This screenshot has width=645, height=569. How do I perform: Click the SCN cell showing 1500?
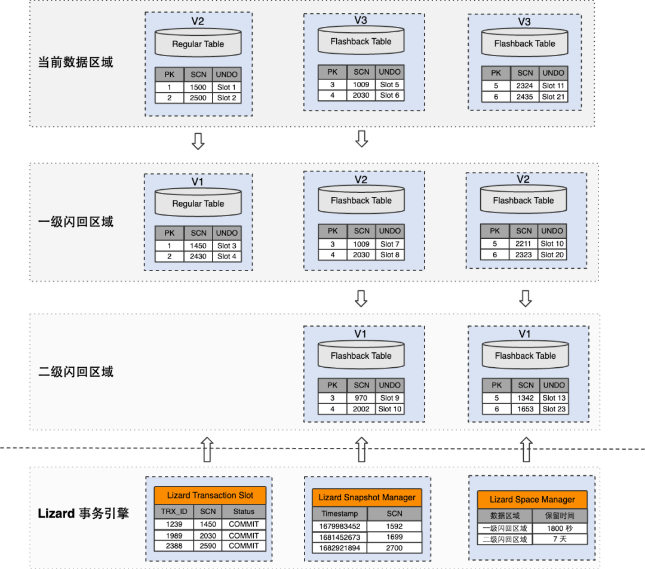click(198, 87)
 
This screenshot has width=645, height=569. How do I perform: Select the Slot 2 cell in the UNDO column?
click(227, 98)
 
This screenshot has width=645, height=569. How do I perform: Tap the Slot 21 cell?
click(553, 97)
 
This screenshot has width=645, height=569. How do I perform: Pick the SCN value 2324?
click(524, 86)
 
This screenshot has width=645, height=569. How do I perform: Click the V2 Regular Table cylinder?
click(198, 44)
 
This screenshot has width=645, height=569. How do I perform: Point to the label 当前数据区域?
click(75, 62)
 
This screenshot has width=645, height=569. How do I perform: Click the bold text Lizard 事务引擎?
click(83, 513)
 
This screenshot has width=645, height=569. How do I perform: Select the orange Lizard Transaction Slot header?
click(210, 495)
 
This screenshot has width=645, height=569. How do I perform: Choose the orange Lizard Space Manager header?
click(532, 499)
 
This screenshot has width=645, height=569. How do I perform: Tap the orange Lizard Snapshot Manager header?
click(367, 497)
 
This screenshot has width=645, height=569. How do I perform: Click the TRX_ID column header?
click(174, 512)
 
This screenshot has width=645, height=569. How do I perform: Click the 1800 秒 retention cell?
click(559, 528)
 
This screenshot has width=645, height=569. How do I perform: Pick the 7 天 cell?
click(559, 539)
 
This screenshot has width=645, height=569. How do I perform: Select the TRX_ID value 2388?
click(174, 546)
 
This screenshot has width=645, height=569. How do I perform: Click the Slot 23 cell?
click(554, 409)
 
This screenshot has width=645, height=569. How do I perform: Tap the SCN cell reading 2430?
click(198, 256)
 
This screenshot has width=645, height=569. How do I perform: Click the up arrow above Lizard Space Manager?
click(526, 449)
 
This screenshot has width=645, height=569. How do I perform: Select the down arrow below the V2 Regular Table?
click(198, 140)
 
